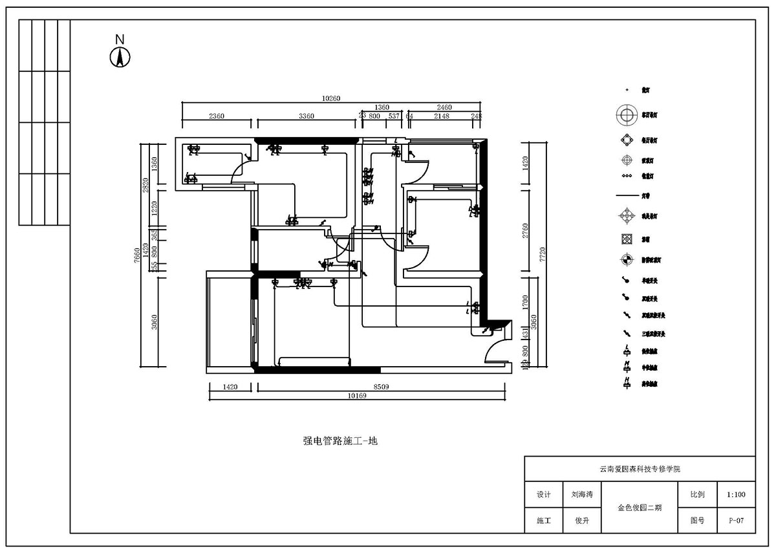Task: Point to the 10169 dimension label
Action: click(x=356, y=396)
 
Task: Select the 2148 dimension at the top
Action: click(x=441, y=116)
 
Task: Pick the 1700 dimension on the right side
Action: click(x=526, y=301)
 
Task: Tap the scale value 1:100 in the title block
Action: click(x=736, y=495)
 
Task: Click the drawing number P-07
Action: click(x=736, y=520)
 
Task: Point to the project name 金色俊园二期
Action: click(x=640, y=508)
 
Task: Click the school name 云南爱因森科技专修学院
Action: click(x=640, y=469)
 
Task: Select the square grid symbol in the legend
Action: click(x=626, y=239)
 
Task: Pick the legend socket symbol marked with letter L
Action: click(x=626, y=351)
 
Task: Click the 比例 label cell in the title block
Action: click(x=697, y=495)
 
